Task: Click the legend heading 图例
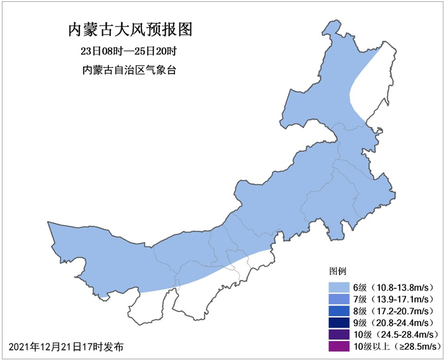[x=337, y=272]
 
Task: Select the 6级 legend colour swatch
[x=339, y=287]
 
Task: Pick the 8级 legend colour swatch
[x=339, y=311]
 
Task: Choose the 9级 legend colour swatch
[x=339, y=323]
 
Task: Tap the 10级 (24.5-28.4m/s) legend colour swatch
[x=339, y=334]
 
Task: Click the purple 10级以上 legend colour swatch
[x=339, y=346]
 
